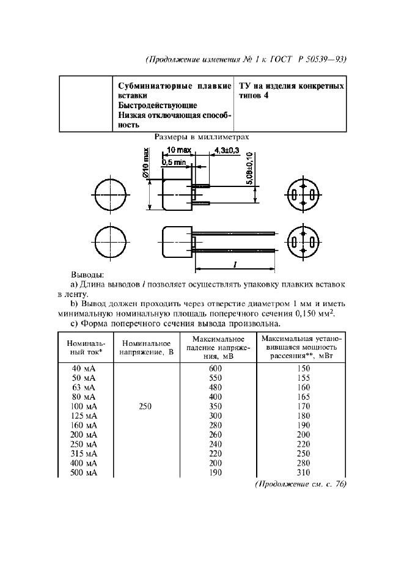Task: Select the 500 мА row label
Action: click(83, 473)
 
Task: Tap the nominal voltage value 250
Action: click(145, 406)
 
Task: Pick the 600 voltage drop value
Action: click(216, 369)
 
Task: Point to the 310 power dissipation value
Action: click(304, 473)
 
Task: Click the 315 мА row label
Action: click(83, 454)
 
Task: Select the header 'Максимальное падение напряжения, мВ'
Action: click(217, 348)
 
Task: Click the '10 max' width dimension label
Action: click(178, 150)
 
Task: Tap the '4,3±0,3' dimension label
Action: click(227, 150)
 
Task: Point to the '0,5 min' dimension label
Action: click(174, 162)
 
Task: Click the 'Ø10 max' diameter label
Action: click(147, 164)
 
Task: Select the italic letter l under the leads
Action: click(235, 264)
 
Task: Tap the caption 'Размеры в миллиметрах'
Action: click(202, 137)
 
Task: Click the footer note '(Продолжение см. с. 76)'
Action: click(300, 484)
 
